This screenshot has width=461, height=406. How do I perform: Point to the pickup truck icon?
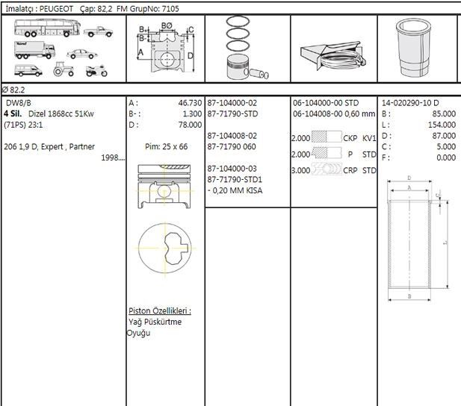click(99, 32)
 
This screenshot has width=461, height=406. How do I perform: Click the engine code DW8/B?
click(19, 103)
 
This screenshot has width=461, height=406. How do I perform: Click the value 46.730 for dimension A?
click(189, 103)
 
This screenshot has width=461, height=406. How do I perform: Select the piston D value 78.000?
click(189, 125)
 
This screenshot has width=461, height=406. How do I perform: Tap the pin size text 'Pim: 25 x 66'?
click(166, 147)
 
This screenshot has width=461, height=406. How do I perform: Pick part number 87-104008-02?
click(232, 136)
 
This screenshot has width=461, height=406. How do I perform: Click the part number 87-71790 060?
click(232, 147)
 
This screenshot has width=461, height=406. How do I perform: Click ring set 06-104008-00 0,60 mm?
click(334, 114)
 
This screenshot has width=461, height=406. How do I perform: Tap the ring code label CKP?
click(350, 138)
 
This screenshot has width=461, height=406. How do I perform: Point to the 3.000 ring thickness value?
click(300, 170)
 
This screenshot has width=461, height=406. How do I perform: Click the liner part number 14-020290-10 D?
click(410, 103)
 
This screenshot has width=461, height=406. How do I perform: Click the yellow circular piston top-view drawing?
click(165, 248)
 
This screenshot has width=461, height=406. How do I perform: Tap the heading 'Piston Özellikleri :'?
click(159, 310)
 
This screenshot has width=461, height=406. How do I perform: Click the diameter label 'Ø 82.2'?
click(15, 90)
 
